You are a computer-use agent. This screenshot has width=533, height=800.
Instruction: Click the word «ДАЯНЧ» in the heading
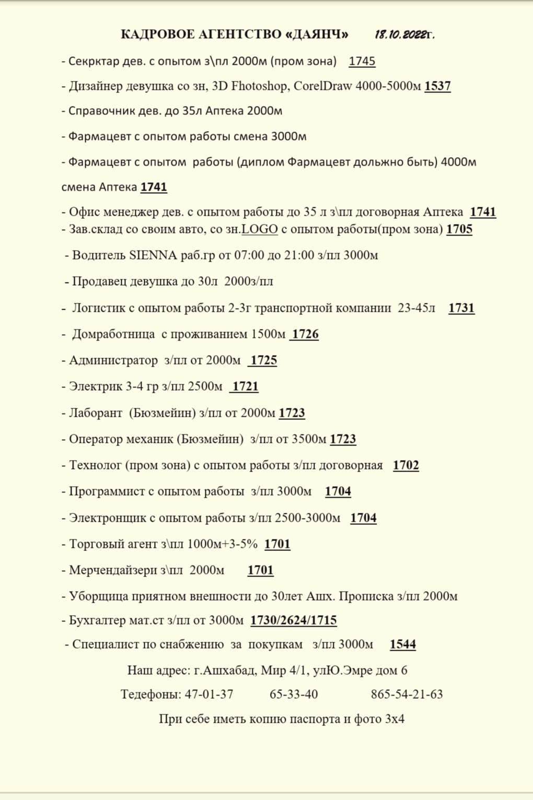coord(318,34)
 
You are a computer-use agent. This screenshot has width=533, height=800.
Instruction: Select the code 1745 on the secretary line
coord(362,61)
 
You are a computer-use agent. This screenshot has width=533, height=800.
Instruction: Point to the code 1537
coord(437,86)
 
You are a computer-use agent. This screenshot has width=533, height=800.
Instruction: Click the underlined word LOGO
coord(260,229)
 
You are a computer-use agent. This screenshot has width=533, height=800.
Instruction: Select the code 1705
coord(459,229)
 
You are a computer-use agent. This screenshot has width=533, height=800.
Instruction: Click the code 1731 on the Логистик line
coord(461,308)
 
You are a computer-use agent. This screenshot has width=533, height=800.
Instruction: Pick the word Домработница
coord(113,334)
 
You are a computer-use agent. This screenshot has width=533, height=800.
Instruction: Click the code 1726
coord(305,334)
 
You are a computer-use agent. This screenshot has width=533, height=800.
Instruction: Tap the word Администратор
coord(113,360)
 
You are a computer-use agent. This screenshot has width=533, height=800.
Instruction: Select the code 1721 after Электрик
coord(245,386)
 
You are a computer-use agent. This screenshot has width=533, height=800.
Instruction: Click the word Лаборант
coord(96,413)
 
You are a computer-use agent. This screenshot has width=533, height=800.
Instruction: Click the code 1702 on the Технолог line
coord(406,465)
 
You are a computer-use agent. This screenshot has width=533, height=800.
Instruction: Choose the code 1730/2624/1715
coord(294,620)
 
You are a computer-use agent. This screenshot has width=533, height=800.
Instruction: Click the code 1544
coord(403,644)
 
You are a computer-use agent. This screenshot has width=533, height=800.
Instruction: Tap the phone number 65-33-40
coord(294,695)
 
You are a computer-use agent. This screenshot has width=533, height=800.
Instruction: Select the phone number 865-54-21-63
coord(407,695)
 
